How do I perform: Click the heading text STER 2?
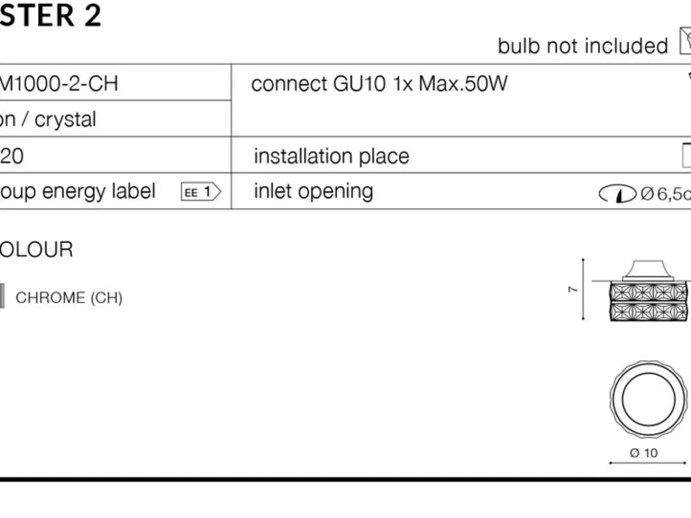50,15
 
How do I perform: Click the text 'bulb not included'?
583,46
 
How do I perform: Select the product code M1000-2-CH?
59,83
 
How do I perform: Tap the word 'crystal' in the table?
65,119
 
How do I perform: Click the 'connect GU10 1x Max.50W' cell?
379,83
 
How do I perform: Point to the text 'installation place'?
332,156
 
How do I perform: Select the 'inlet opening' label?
313,191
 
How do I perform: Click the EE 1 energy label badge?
201,192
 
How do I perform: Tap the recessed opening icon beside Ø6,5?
617,194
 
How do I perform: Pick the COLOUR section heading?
36,249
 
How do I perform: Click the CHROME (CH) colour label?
69,297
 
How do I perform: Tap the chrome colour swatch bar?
2,296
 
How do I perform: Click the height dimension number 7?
573,290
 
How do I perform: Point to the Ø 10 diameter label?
644,453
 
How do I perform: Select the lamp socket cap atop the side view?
647,270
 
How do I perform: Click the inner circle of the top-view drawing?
648,399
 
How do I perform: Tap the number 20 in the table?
12,156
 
